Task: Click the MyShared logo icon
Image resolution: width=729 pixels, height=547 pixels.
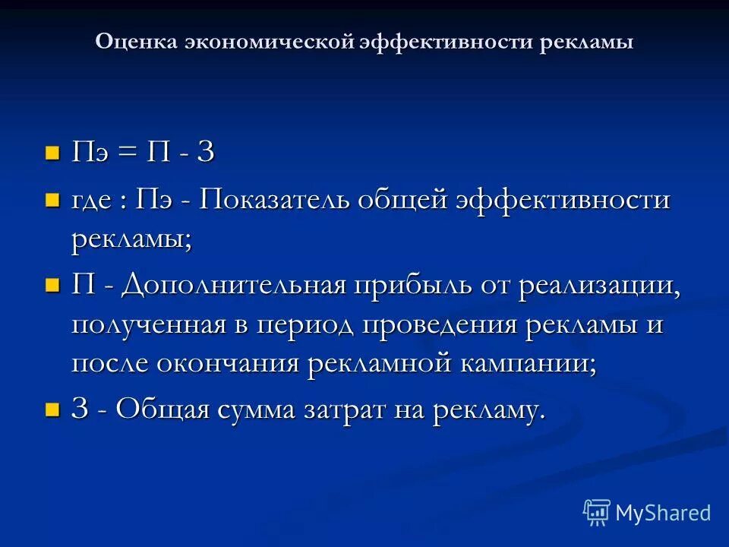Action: pos(597,513)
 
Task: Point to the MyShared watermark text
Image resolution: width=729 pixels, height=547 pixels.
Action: pos(663,513)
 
